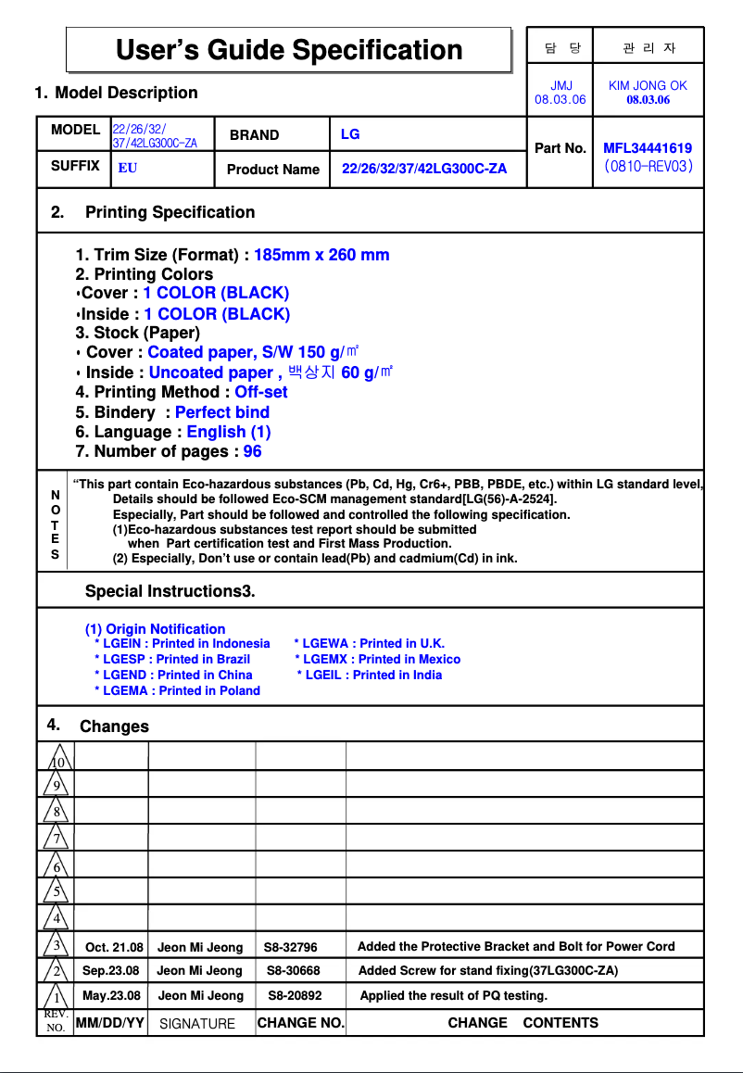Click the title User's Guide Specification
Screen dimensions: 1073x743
pyautogui.click(x=289, y=50)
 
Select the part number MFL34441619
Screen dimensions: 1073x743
pyautogui.click(x=648, y=148)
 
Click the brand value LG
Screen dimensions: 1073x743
pyautogui.click(x=350, y=134)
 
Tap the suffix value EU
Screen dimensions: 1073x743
pyautogui.click(x=128, y=170)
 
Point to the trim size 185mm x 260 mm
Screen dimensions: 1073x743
pyautogui.click(x=321, y=255)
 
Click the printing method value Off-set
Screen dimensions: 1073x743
pyautogui.click(x=261, y=392)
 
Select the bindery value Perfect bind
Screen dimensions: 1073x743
pyautogui.click(x=222, y=412)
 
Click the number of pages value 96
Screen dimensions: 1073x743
pyautogui.click(x=252, y=451)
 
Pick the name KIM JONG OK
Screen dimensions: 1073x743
pyautogui.click(x=648, y=85)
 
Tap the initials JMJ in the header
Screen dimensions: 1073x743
pyautogui.click(x=560, y=85)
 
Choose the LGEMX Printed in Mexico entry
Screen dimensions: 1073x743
pyautogui.click(x=377, y=659)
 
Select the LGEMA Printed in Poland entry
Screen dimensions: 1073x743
pyautogui.click(x=177, y=690)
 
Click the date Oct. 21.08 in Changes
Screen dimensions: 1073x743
pyautogui.click(x=114, y=947)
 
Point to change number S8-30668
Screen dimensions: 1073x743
pyautogui.click(x=294, y=971)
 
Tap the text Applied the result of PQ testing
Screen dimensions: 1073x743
pyautogui.click(x=453, y=996)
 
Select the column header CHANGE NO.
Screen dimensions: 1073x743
pyautogui.click(x=300, y=1023)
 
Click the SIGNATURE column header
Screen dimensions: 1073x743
pyautogui.click(x=197, y=1024)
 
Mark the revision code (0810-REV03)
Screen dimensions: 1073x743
pyautogui.click(x=648, y=168)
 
